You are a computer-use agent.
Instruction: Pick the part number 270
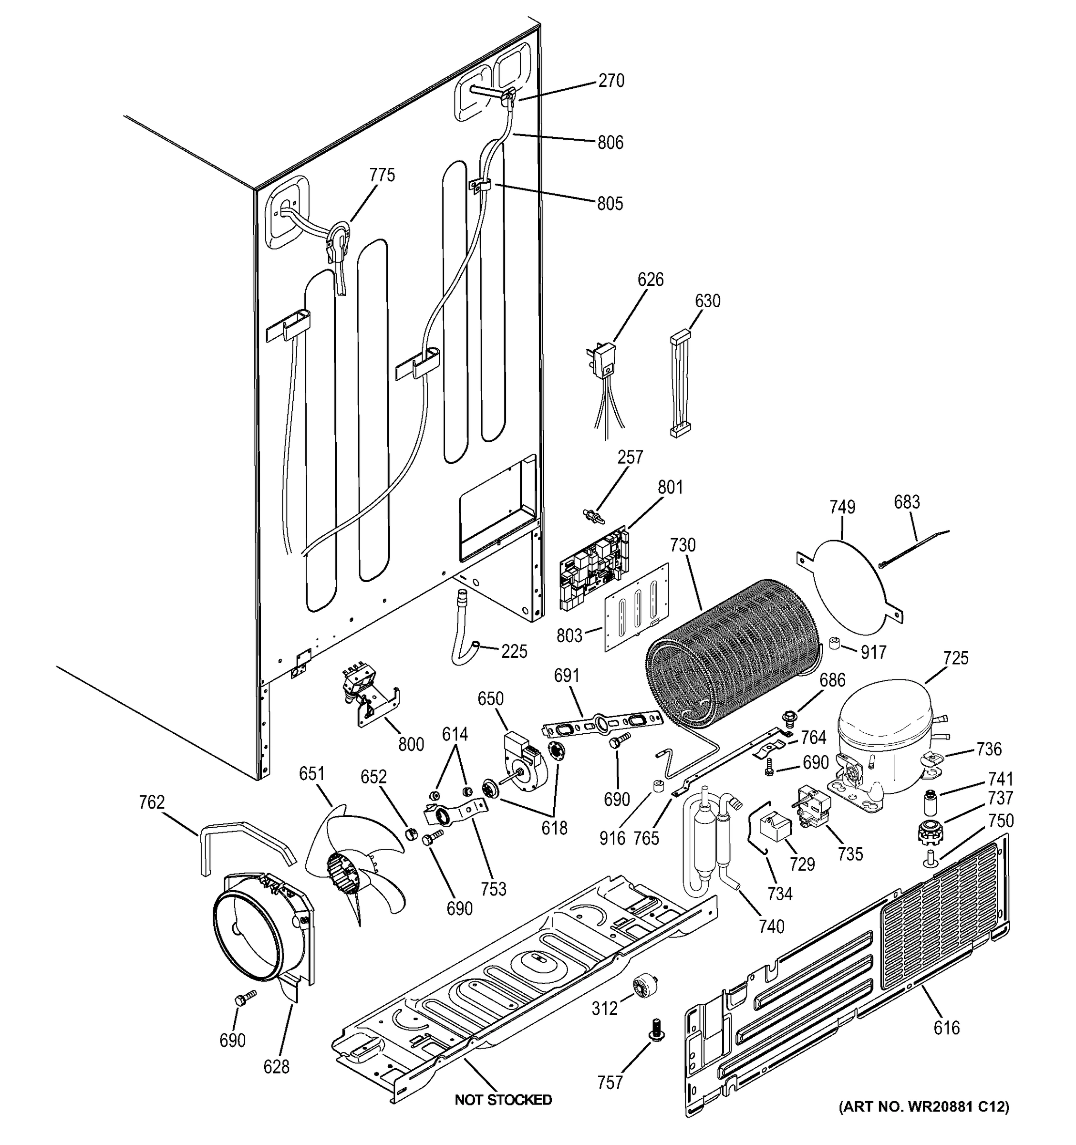[x=611, y=81]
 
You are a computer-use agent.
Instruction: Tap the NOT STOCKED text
[x=503, y=1100]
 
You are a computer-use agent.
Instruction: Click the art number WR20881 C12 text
[x=923, y=1106]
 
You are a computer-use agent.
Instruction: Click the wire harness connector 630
[x=681, y=383]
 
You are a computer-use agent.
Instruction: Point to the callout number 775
[x=382, y=175]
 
